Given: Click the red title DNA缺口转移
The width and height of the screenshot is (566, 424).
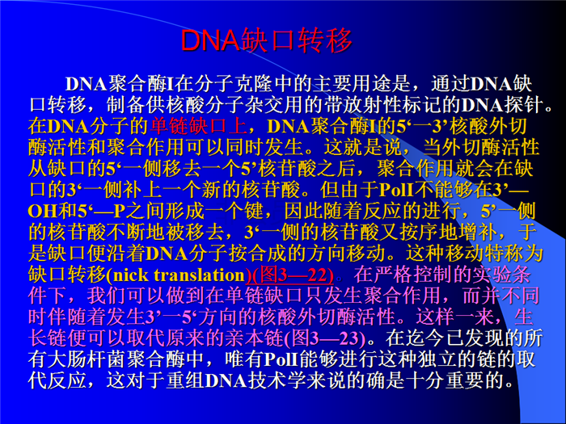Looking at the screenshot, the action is click(x=266, y=40).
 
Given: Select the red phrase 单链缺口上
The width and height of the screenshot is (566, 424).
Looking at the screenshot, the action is click(x=199, y=126).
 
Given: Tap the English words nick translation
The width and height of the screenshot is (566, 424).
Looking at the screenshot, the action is click(x=179, y=275).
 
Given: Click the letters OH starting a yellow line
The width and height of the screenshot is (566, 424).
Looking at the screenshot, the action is click(x=43, y=212).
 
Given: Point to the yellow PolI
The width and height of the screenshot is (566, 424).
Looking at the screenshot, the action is click(x=396, y=190).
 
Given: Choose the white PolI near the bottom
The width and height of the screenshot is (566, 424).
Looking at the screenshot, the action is click(x=281, y=359).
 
